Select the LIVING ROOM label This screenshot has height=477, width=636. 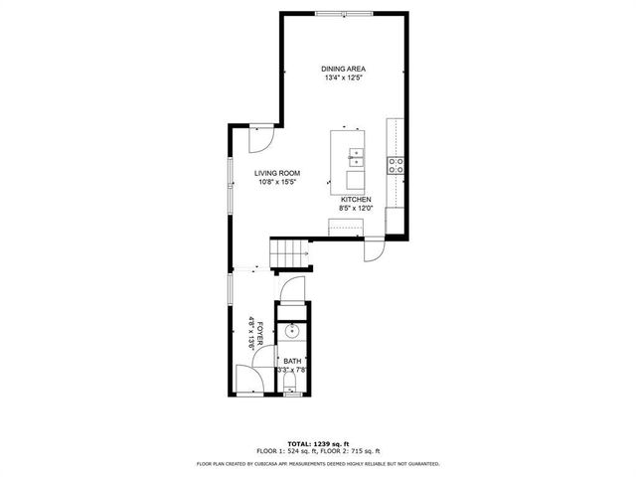tap(277, 173)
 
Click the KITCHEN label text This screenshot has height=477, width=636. tap(356, 200)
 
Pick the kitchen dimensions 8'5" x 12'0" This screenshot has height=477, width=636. tap(356, 210)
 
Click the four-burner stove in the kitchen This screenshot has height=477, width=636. tap(396, 165)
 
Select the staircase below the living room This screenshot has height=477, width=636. tap(291, 255)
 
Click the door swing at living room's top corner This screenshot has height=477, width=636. tap(258, 137)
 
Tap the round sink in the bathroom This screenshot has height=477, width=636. tap(291, 332)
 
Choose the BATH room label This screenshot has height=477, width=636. tap(292, 361)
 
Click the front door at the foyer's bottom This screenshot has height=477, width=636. tap(248, 380)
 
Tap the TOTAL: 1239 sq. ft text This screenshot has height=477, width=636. tap(317, 442)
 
